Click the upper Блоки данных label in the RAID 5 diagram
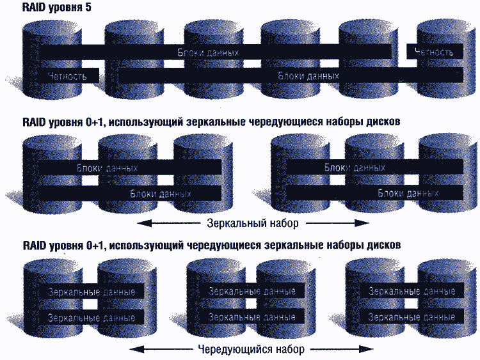(x=209, y=52)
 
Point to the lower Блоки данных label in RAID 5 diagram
(x=308, y=75)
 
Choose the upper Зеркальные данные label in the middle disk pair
(x=252, y=291)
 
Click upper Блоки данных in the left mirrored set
(x=107, y=168)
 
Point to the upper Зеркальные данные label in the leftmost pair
(x=91, y=292)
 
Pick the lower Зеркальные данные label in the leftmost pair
(x=91, y=317)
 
